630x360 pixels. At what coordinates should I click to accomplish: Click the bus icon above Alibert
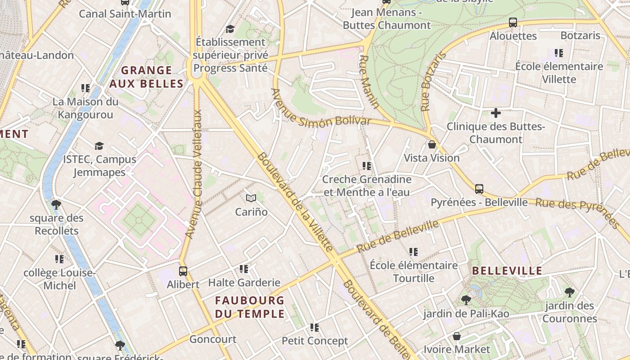coord(183,271)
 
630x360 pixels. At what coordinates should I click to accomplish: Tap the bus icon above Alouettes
coord(513,22)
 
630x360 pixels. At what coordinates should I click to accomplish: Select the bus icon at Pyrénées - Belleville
coord(479,189)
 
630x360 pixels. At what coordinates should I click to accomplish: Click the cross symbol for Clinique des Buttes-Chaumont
coord(495,113)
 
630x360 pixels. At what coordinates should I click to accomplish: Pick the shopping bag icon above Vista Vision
coord(432,144)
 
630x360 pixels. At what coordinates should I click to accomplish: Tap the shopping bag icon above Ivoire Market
coord(456,336)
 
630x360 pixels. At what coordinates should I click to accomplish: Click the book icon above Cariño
coord(251,198)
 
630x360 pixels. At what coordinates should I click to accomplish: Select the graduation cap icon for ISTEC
coord(99,146)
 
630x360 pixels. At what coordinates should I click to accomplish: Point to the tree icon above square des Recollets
coord(56,205)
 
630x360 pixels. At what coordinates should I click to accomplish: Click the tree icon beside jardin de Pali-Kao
coord(466,300)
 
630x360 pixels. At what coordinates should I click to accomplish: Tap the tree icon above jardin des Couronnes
coord(569,292)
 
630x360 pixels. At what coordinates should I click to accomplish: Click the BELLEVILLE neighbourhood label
coord(507,271)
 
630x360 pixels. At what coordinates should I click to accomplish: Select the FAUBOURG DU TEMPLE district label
coord(249,307)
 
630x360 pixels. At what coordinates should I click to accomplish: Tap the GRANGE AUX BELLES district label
coord(147,77)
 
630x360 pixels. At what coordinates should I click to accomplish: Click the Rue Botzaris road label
coord(432,82)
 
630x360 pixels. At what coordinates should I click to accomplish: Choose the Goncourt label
coord(212,339)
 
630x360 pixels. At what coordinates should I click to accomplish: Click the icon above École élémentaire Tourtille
coord(413,252)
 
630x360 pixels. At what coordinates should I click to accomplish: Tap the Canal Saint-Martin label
coord(125,14)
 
